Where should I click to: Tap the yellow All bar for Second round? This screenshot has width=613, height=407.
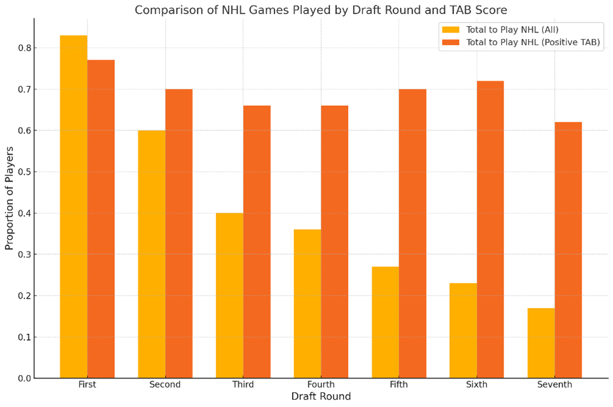[152, 254]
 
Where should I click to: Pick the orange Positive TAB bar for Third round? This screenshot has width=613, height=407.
[257, 242]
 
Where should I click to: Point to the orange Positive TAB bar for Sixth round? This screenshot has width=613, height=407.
[491, 229]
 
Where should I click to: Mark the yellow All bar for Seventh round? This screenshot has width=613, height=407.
[541, 343]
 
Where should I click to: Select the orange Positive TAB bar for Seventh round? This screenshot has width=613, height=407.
[568, 250]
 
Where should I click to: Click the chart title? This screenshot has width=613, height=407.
[321, 10]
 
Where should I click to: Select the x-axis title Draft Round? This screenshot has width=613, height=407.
[321, 397]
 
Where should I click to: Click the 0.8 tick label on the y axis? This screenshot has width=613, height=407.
[23, 48]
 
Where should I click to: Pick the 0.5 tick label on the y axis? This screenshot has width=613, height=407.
[23, 172]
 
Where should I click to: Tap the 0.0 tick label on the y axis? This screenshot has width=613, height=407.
[23, 378]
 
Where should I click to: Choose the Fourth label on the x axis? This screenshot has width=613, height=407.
[321, 384]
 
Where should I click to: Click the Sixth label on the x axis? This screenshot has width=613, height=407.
[477, 384]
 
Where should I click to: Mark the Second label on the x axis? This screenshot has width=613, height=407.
[165, 384]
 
